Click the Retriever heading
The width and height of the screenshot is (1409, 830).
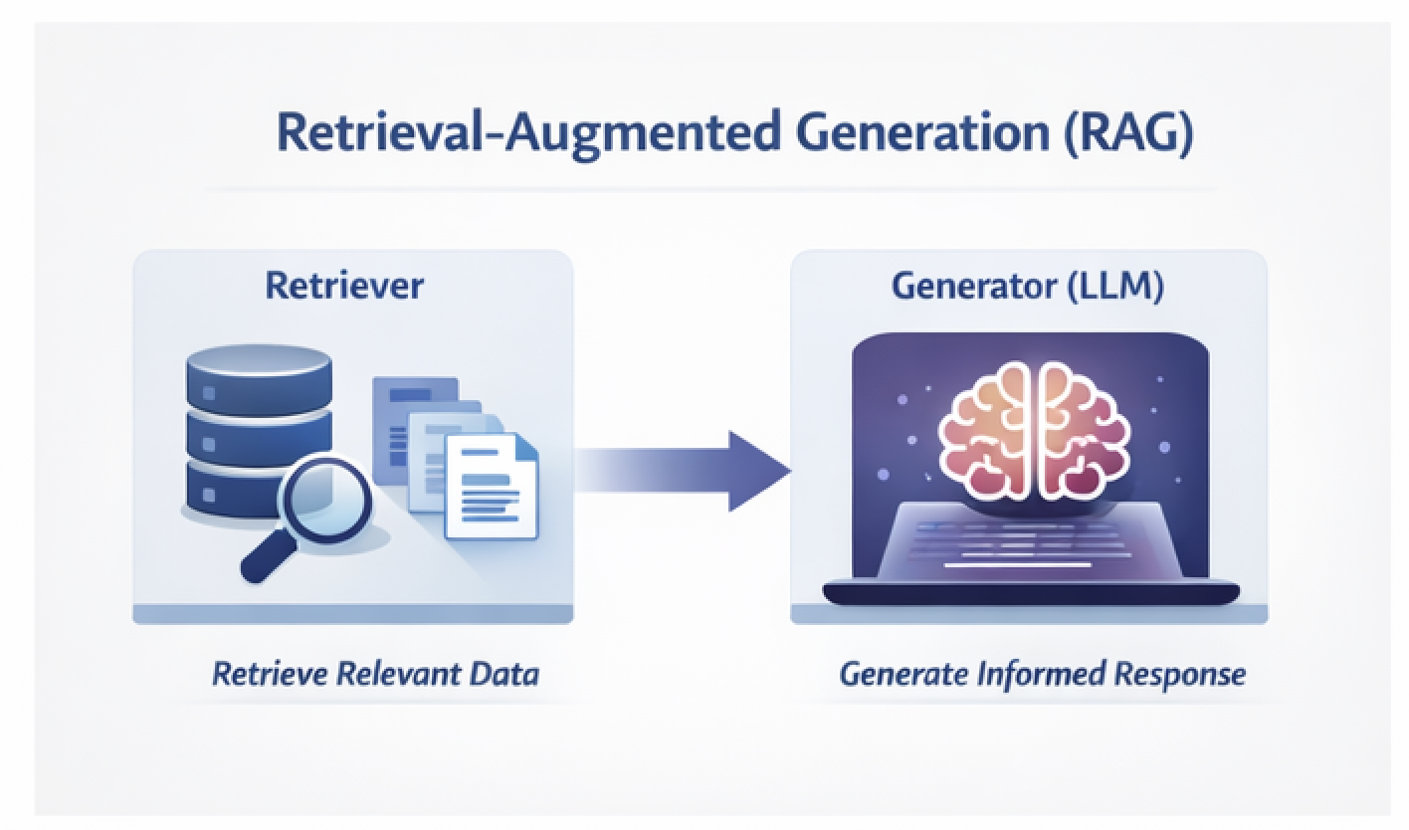coord(344,286)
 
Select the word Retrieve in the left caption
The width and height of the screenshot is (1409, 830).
coord(270,674)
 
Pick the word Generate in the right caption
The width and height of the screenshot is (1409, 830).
coord(902,674)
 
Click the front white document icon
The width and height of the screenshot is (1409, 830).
coord(490,485)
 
